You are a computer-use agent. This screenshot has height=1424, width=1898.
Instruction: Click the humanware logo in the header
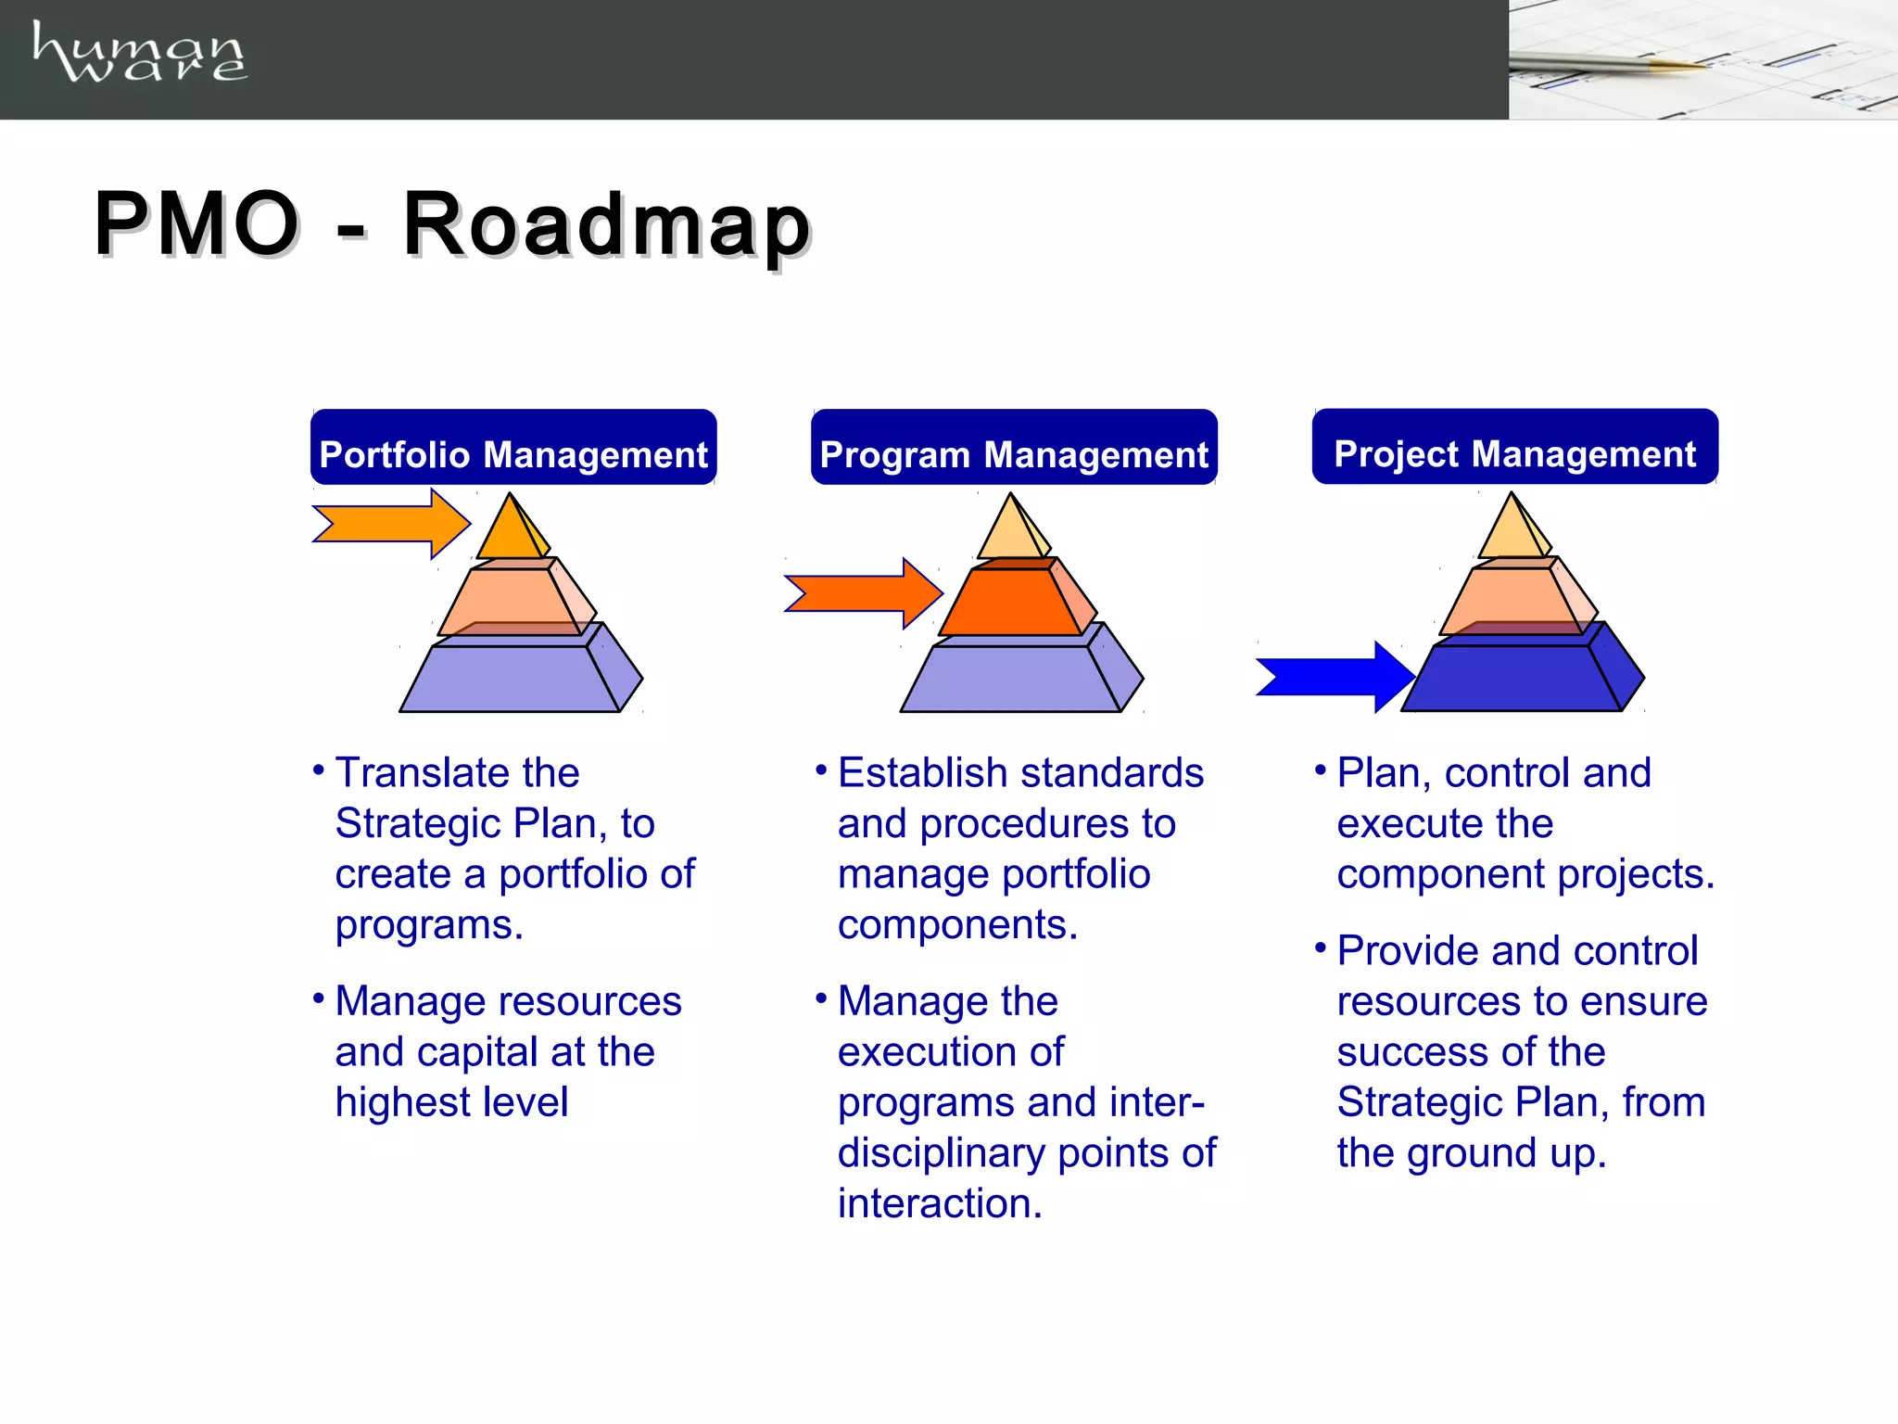139,53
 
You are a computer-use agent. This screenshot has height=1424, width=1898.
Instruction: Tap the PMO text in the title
196,224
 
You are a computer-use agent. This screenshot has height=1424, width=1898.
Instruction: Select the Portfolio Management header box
513,448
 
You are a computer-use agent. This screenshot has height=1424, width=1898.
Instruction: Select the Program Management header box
1014,448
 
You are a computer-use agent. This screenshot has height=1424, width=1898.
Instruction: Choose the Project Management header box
1515,447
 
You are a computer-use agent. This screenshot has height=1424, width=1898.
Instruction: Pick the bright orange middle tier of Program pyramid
1010,604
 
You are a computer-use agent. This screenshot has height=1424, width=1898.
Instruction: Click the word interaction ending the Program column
938,1203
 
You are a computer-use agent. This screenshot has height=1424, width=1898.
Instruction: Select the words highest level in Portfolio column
451,1102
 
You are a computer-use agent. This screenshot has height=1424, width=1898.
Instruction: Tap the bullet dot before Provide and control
1320,947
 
